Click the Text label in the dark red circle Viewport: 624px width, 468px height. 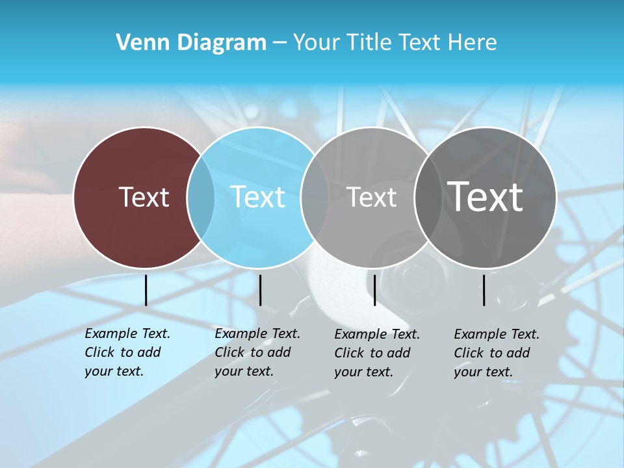click(144, 197)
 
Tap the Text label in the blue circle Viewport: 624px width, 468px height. click(258, 197)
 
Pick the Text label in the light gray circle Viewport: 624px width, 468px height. click(371, 197)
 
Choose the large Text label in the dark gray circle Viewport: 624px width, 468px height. click(486, 196)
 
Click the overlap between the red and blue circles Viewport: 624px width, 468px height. click(201, 198)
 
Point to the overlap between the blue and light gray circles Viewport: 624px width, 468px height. click(315, 198)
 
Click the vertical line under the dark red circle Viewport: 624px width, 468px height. click(146, 290)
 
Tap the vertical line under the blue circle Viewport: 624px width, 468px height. click(260, 290)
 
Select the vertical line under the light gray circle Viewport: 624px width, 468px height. click(374, 290)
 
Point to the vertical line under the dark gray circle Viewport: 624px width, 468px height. click(484, 290)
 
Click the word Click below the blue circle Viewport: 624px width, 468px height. click(230, 352)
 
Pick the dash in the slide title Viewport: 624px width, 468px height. click(279, 43)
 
